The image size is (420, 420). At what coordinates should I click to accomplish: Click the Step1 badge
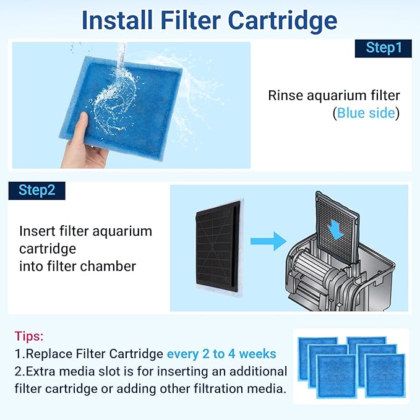pyautogui.click(x=383, y=48)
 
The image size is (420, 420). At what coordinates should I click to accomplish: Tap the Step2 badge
pyautogui.click(x=36, y=190)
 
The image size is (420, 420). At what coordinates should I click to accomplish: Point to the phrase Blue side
pyautogui.click(x=366, y=113)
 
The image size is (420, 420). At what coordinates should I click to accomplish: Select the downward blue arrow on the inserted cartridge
pyautogui.click(x=337, y=229)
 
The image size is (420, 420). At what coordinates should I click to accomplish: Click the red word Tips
pyautogui.click(x=29, y=336)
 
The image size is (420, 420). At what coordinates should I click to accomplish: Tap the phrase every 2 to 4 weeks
pyautogui.click(x=221, y=354)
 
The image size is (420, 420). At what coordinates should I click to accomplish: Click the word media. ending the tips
pyautogui.click(x=267, y=389)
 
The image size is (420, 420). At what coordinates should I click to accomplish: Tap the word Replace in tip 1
pyautogui.click(x=46, y=354)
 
